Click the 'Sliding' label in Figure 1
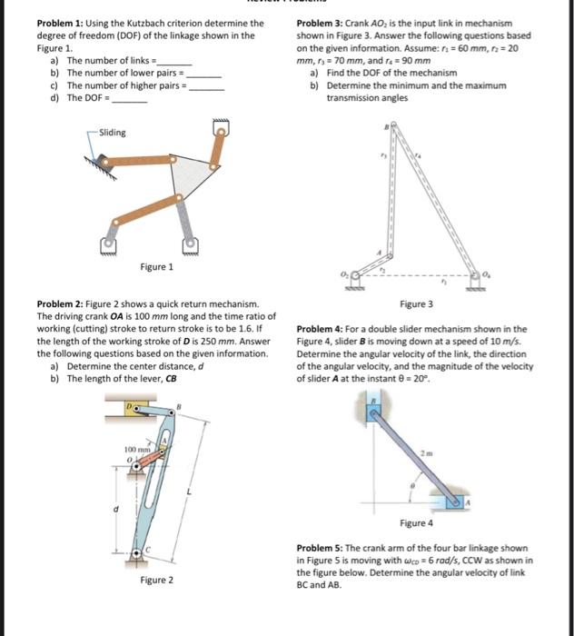(113, 133)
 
